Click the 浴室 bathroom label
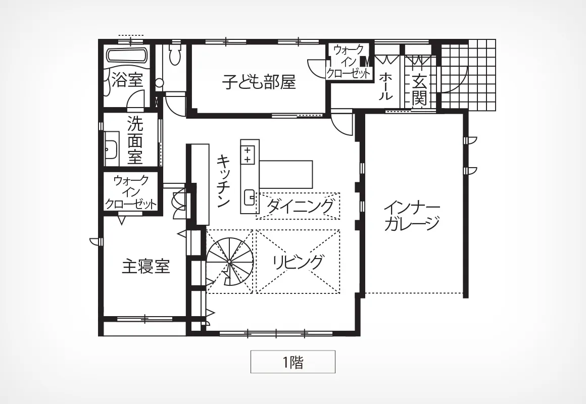coord(127,79)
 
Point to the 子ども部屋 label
coord(259,82)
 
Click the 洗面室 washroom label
coord(135,140)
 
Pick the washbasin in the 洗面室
coord(111,148)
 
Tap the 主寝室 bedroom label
coord(146,267)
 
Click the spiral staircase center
coord(229,265)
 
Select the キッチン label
coord(223,181)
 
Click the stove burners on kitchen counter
coord(248,155)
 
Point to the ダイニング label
coord(300,206)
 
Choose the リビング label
coord(298,262)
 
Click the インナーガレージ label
coord(412,216)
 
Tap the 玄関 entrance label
coord(420,90)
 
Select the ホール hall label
coord(385,86)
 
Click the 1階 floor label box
coord(292,362)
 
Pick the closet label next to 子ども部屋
coord(349,61)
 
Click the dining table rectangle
coord(286,174)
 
